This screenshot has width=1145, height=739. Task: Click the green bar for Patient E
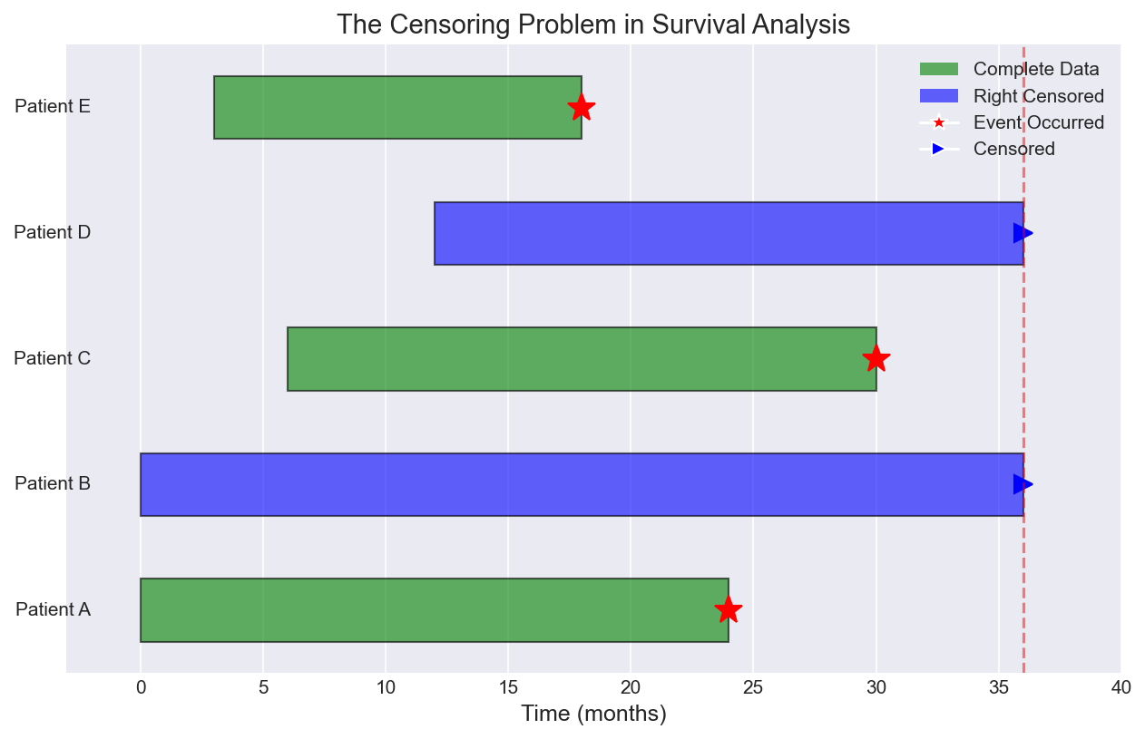coord(396,107)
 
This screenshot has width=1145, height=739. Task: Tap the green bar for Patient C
coord(581,359)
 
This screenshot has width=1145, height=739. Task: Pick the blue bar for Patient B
coord(581,484)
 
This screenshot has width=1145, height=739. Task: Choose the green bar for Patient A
coord(434,610)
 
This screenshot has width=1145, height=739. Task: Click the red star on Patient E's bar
coord(582,107)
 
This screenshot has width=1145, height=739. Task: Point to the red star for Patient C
coord(876,359)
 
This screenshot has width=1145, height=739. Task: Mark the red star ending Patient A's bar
coord(728,609)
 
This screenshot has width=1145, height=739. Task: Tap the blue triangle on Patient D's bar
coord(1023,233)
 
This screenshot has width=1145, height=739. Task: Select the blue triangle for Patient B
coord(1023,484)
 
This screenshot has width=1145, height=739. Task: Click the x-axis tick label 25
coord(753,687)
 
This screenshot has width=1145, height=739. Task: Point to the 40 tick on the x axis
coord(1121,687)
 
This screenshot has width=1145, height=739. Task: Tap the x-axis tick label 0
coord(141,687)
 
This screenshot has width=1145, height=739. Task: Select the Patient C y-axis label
coord(53,358)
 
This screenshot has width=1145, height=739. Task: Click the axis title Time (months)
coord(593,714)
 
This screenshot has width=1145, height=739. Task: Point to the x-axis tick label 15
coord(508,687)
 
